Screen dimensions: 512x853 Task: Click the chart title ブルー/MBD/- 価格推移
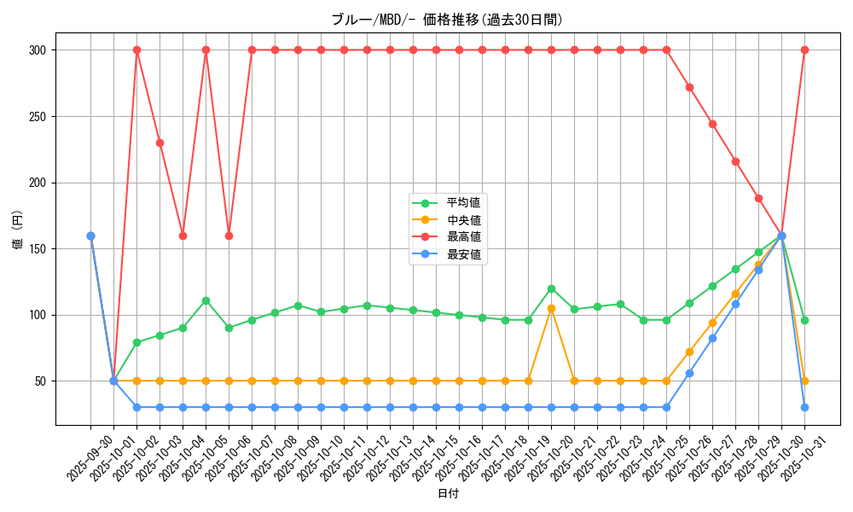(447, 20)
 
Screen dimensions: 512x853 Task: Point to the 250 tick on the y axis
(39, 117)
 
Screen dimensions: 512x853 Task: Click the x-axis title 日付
(447, 494)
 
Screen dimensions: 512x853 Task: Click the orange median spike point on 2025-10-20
(551, 308)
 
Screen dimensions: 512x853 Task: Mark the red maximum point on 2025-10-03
(160, 143)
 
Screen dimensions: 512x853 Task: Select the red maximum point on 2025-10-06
(229, 236)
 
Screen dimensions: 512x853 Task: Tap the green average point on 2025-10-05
(206, 300)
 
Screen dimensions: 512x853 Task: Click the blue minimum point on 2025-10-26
(689, 373)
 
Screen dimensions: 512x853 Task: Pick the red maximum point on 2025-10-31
(804, 50)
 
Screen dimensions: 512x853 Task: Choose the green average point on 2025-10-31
(804, 320)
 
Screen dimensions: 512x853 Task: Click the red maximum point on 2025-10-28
(735, 161)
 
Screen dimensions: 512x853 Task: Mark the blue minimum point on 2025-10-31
(804, 407)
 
